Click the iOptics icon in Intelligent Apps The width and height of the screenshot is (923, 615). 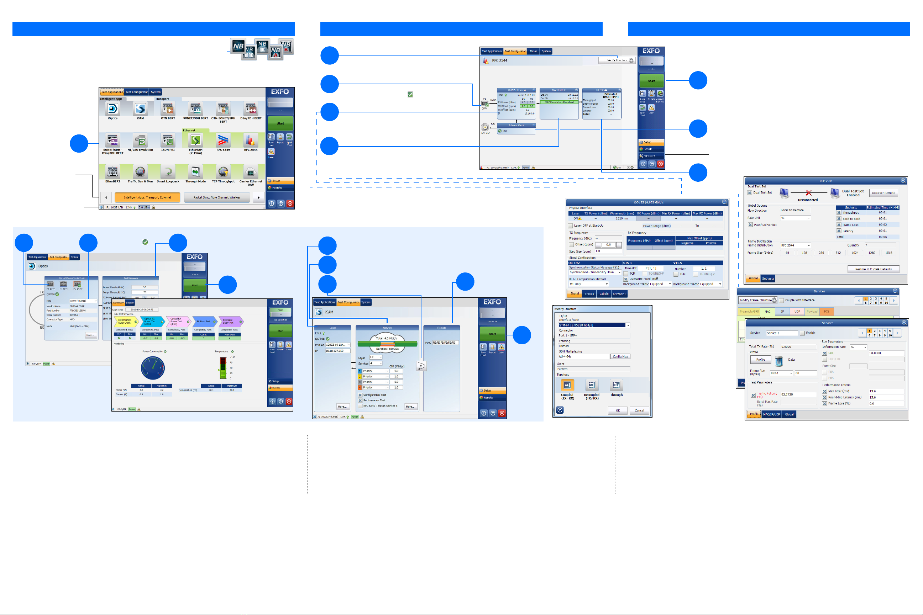112,108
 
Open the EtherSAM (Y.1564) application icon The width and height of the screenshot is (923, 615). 195,141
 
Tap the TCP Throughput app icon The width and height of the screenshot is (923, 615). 223,172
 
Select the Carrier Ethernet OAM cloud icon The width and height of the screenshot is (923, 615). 251,172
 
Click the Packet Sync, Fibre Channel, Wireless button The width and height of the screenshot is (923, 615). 217,197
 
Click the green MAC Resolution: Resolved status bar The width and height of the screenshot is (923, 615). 559,102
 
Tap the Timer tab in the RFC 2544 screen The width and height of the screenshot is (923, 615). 533,51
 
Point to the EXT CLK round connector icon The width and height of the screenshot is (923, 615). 486,127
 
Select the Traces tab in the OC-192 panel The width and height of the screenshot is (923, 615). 589,294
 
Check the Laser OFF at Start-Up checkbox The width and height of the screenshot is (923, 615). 570,226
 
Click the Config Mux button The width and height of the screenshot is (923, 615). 620,356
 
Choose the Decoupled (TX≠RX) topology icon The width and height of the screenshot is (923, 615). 591,385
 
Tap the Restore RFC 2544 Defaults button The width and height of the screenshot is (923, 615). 873,269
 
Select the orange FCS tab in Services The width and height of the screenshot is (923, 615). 827,312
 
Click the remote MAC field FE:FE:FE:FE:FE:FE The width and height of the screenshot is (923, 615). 445,343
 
